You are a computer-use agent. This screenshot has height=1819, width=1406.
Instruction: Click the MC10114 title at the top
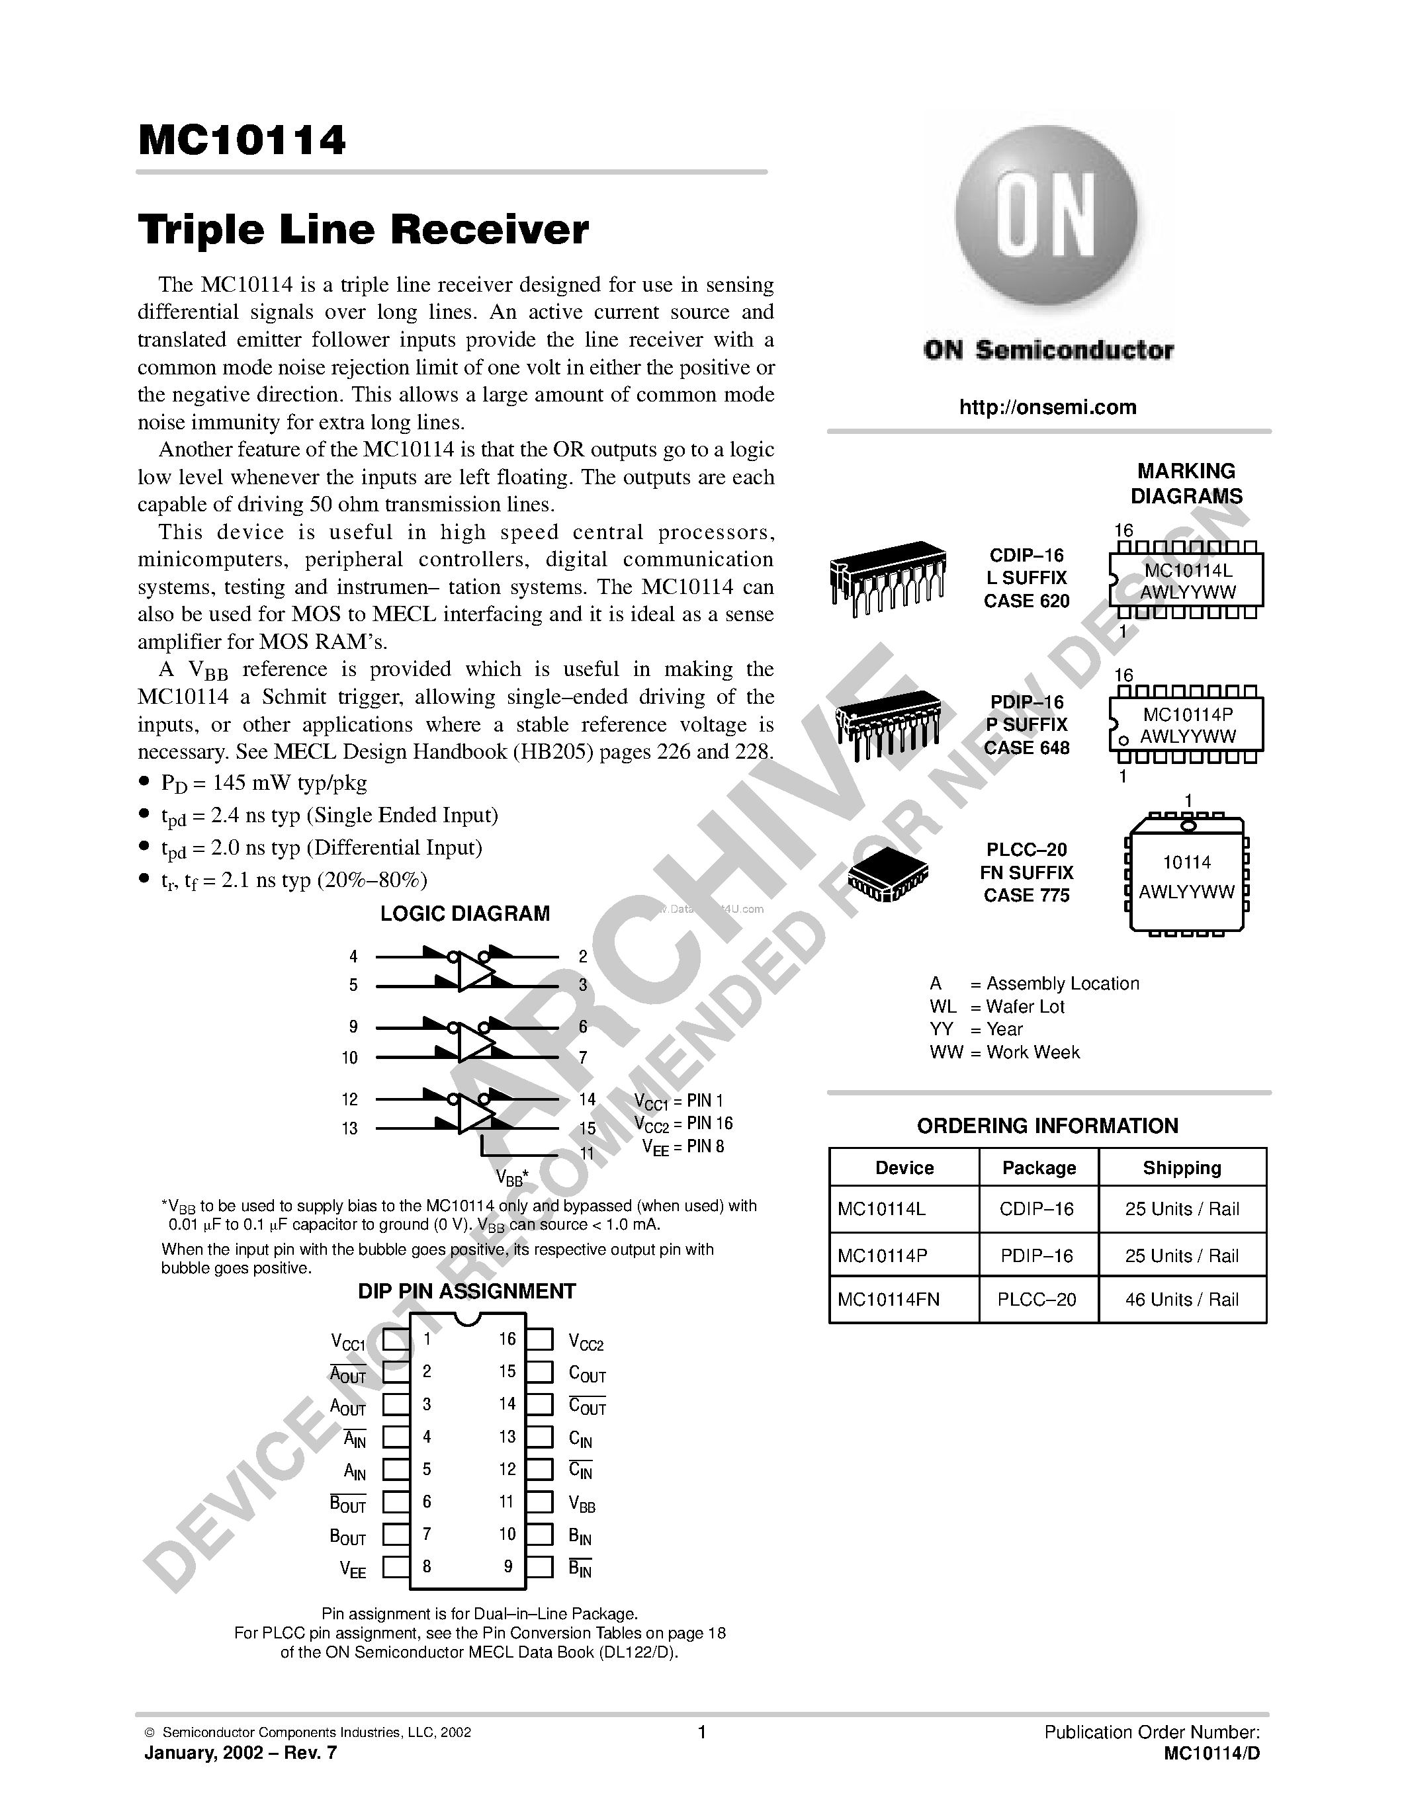242,141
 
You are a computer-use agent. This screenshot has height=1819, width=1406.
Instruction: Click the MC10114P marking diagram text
1188,714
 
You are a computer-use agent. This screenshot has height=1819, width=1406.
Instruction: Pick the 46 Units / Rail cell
1182,1299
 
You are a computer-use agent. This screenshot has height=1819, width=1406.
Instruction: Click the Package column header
1039,1167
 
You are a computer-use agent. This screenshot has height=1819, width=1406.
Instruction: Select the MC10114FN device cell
888,1299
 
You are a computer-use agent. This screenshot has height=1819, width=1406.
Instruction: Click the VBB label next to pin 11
582,1503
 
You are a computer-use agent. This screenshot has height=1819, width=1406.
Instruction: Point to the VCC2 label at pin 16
586,1342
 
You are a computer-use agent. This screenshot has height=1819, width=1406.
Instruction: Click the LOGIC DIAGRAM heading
464,913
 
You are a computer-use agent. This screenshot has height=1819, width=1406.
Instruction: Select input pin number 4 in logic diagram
354,957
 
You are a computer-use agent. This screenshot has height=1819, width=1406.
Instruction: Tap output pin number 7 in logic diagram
583,1057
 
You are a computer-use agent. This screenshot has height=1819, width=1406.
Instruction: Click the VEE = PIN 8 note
683,1147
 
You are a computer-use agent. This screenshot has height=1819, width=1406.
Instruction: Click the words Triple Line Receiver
363,230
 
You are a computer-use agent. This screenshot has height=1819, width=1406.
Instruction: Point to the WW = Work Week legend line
1004,1052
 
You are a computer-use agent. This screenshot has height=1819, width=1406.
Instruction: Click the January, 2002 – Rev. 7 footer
241,1752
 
